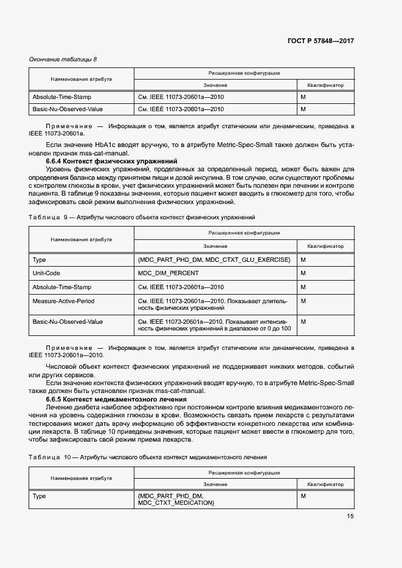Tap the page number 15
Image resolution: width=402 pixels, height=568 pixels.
(350, 516)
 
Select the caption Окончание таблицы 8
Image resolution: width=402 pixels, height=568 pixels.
(63, 59)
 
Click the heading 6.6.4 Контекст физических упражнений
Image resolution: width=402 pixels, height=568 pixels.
(111, 162)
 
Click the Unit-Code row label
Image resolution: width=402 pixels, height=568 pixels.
(46, 273)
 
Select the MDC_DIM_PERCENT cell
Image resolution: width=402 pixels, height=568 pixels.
(168, 273)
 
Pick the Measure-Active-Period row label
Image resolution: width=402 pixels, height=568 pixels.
(63, 301)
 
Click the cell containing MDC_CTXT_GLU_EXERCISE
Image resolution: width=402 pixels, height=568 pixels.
(214, 260)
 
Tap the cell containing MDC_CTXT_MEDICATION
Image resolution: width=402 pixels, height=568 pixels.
(176, 503)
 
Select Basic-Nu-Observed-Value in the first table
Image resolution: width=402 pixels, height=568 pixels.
(68, 109)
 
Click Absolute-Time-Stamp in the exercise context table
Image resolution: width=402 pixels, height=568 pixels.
(61, 287)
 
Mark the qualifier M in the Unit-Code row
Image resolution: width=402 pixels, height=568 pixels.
(303, 273)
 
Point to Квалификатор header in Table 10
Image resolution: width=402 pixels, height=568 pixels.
(325, 484)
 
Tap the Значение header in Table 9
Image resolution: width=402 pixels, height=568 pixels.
(215, 246)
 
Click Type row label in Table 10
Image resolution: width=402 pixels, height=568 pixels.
(39, 496)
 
